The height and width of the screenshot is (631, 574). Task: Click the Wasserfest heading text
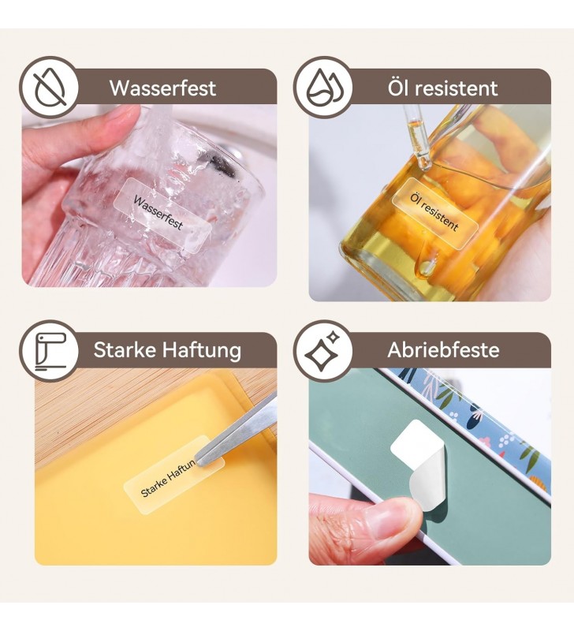point(163,88)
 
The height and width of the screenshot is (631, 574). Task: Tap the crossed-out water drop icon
point(50,87)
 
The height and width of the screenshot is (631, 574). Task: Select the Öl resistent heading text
point(442,88)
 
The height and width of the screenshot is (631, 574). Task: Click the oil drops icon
point(323,87)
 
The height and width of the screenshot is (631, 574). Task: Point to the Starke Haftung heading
point(167,350)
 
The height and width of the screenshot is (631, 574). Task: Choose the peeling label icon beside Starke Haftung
point(50,351)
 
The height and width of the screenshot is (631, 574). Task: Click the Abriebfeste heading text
point(443,349)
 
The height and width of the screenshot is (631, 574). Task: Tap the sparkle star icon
point(322,350)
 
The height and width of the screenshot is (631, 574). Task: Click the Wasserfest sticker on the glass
point(162,215)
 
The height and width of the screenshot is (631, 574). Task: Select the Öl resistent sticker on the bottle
point(435,211)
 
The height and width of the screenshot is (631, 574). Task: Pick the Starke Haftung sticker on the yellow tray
point(174,475)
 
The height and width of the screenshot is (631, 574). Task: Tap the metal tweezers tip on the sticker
point(200,461)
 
